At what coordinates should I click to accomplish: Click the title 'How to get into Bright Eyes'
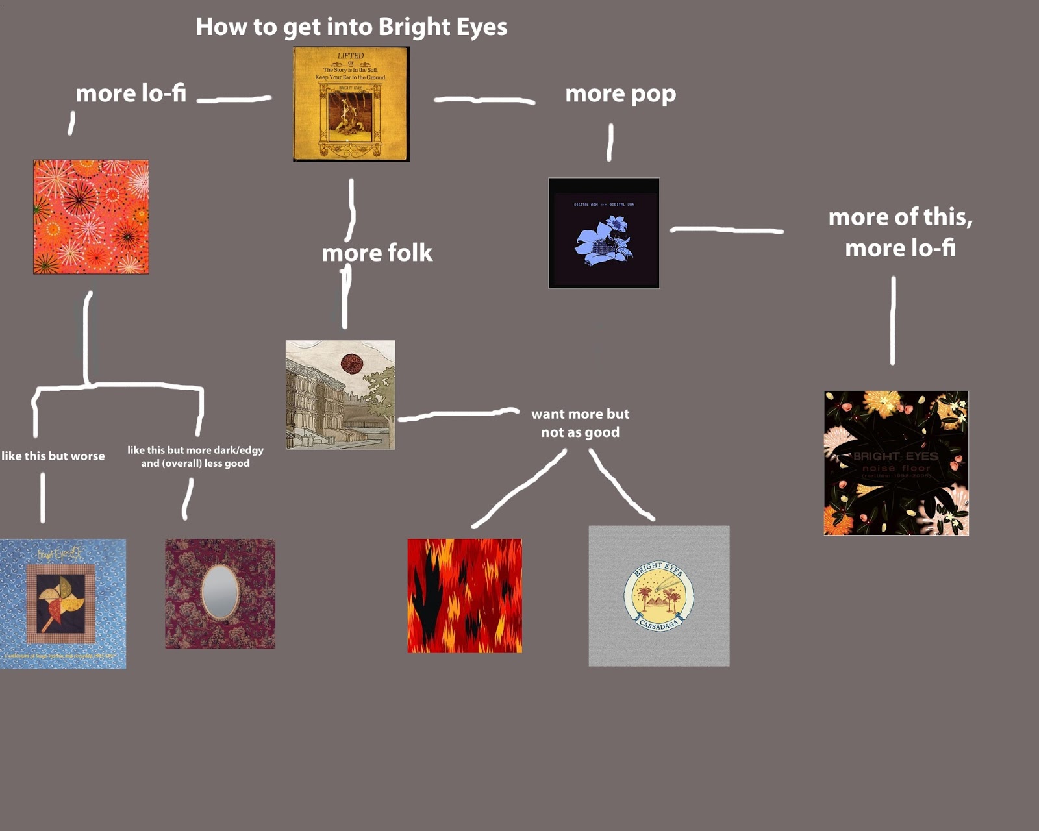tap(351, 27)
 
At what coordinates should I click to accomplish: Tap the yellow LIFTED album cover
tap(351, 104)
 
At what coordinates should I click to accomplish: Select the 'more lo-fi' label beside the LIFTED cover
tap(131, 93)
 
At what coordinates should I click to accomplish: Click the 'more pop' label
tap(620, 93)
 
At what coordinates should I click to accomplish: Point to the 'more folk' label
tap(377, 253)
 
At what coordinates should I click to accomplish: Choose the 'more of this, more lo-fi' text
tap(900, 232)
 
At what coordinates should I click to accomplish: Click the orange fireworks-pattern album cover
tap(91, 217)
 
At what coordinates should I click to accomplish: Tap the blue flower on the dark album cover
tap(603, 240)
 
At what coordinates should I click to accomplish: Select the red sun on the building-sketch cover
tap(352, 363)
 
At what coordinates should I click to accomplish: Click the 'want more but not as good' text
tap(580, 423)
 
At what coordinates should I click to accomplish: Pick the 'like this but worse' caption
tap(53, 456)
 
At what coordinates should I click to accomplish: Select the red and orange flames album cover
tap(464, 595)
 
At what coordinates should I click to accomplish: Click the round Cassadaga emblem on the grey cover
tap(658, 596)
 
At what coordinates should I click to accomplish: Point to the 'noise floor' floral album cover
tap(895, 463)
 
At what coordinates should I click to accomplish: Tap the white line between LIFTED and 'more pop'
tap(484, 100)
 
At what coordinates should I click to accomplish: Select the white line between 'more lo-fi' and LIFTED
tap(234, 99)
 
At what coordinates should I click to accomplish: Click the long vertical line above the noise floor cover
tap(893, 320)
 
